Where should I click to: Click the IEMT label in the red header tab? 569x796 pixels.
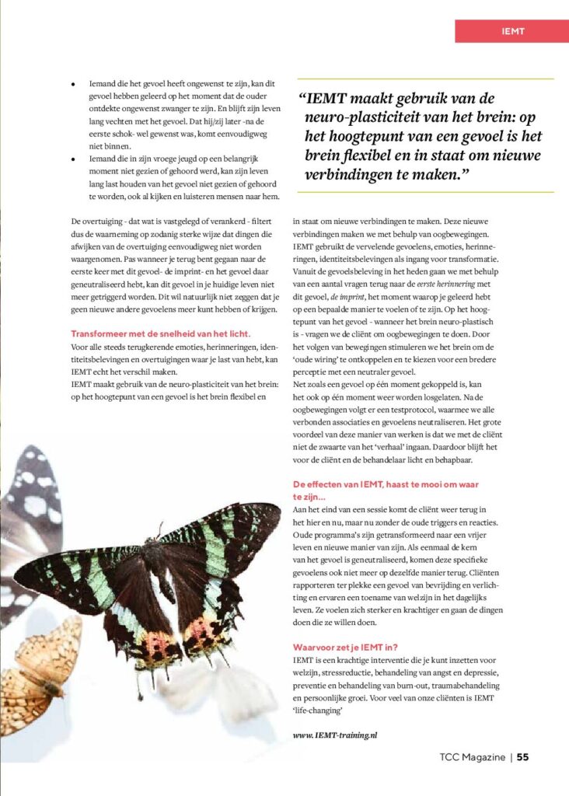click(x=513, y=31)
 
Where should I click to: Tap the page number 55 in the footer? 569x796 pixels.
click(x=523, y=756)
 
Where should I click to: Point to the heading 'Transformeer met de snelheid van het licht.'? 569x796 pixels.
click(x=160, y=333)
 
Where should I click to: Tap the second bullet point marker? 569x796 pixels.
click(x=72, y=158)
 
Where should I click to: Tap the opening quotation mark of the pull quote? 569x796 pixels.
click(x=302, y=100)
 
